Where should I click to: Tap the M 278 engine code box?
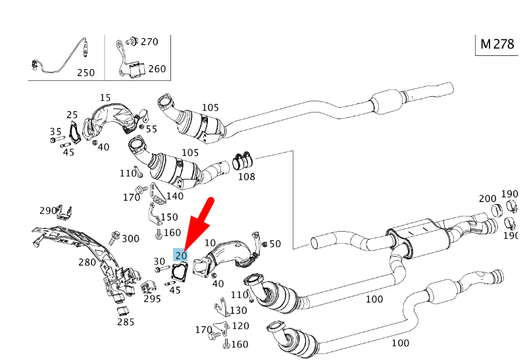(497, 44)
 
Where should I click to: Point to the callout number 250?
(86, 72)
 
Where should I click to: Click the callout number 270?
(149, 41)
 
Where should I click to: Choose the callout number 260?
(157, 68)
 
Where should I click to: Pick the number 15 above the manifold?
(105, 97)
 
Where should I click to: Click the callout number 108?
(247, 176)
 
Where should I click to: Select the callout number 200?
(488, 198)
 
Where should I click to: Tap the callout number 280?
(87, 263)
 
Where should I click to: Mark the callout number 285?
(126, 322)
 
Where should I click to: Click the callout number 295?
(153, 298)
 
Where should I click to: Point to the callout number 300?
(131, 238)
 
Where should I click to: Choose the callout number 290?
(48, 211)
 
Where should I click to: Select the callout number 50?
(275, 244)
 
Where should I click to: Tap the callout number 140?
(175, 195)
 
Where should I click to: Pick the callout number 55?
(151, 129)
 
